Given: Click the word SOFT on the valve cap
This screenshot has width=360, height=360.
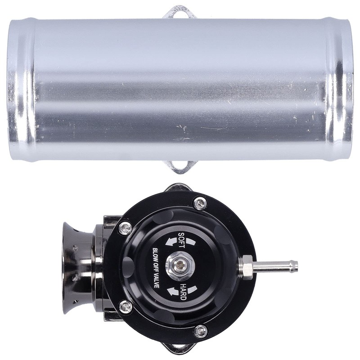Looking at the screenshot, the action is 182,240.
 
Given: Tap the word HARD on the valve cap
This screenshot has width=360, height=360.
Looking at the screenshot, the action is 183,292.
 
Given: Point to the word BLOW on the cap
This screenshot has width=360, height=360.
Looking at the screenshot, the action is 155,254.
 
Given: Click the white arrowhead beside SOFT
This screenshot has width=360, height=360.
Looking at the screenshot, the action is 170,242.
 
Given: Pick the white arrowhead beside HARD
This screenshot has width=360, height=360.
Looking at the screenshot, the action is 173,292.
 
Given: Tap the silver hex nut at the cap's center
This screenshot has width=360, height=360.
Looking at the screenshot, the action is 180,266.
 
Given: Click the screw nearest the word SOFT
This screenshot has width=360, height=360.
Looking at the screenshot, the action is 126,228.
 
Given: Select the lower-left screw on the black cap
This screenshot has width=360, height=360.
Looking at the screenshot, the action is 126,307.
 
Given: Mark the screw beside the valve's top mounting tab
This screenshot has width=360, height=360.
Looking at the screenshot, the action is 200,203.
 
